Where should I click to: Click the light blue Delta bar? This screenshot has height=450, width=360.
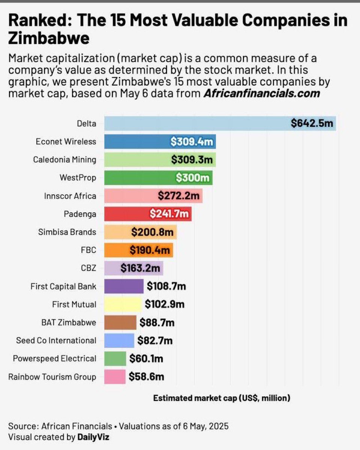195,123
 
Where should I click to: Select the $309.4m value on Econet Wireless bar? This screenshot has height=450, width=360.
191,141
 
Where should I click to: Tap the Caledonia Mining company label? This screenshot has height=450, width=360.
64,160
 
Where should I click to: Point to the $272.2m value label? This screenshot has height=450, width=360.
178,196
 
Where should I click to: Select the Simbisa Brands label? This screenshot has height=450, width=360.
67,232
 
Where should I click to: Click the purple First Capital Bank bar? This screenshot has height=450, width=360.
124,286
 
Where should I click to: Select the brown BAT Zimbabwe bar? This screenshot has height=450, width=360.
120,322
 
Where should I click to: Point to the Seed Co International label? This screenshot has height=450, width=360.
56,340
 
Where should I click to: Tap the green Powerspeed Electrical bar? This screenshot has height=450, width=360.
115,358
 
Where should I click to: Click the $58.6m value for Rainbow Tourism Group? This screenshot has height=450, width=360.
146,376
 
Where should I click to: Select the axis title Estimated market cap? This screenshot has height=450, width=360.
221,398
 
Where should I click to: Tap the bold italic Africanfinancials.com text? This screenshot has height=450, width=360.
262,93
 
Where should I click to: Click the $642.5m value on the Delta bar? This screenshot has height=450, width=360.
312,123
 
